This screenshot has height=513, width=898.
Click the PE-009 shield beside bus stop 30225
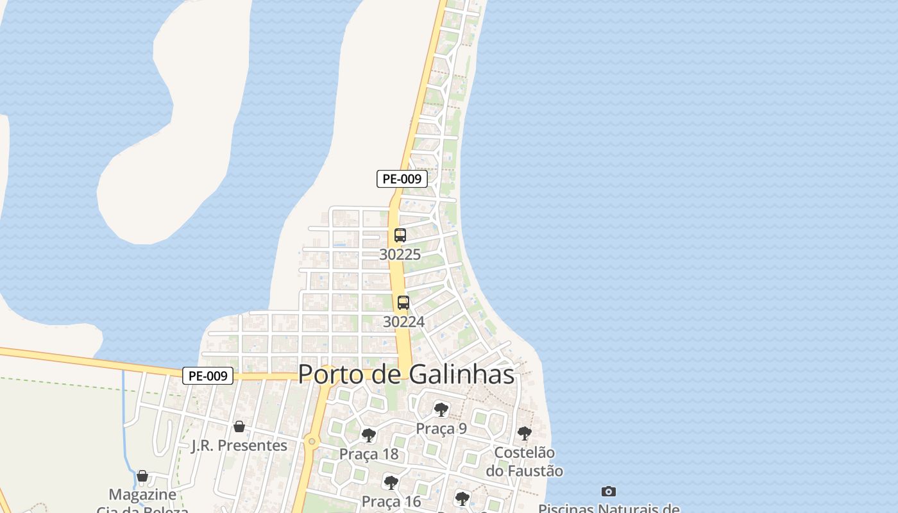[x=402, y=179]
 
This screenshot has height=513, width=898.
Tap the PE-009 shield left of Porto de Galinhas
[x=208, y=376]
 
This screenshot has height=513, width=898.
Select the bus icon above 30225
[x=400, y=235]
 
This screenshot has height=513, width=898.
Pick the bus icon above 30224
[x=403, y=303]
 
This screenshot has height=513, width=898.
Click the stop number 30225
[x=400, y=255]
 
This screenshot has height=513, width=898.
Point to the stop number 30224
[x=403, y=322]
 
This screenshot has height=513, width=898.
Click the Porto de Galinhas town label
[x=406, y=374]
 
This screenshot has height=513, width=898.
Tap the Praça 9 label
[x=441, y=429]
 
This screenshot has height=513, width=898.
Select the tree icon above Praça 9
[x=441, y=409]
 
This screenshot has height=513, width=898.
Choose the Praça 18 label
[x=369, y=455]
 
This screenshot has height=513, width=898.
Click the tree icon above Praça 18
[x=369, y=435]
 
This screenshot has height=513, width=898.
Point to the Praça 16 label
[x=391, y=501]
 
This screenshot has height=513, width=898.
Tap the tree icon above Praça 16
[x=391, y=482]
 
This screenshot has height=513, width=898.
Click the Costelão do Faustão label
[x=524, y=462]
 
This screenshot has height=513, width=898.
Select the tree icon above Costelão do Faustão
[x=525, y=433]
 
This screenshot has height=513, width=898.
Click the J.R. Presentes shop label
[x=239, y=446]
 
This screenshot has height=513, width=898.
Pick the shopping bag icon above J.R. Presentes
[x=239, y=426]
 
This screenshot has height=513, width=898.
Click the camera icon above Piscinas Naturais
[x=609, y=492]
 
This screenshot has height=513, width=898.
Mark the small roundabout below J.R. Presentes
[x=312, y=441]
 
